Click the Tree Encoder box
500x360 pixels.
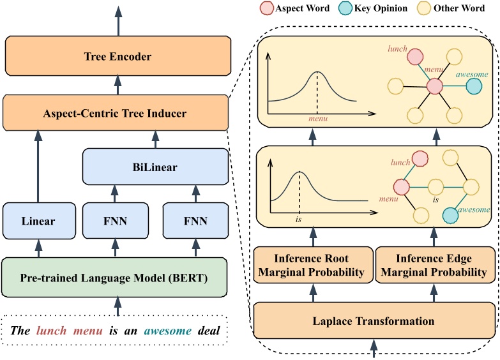pos(117,57)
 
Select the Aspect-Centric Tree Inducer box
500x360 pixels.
pos(115,114)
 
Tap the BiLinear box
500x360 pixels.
pos(155,167)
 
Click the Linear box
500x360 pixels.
pos(37,221)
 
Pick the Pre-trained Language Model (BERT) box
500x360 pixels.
pos(115,278)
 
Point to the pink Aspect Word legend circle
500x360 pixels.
pos(266,10)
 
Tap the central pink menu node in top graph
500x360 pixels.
pos(435,86)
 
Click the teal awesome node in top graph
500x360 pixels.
pos(474,86)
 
